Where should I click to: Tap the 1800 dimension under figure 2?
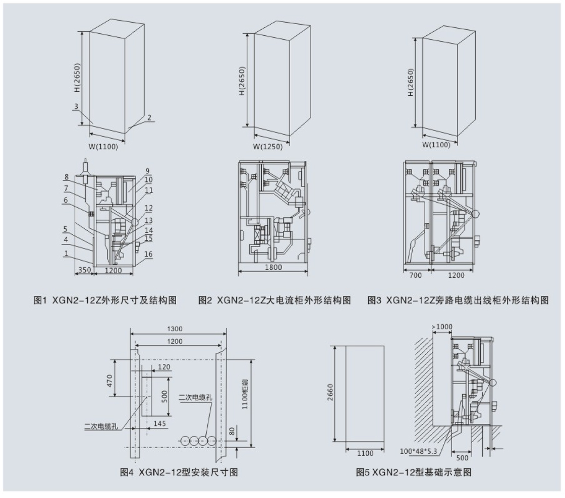click(272, 268)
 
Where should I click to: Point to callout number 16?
click(148, 255)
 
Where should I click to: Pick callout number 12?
click(148, 208)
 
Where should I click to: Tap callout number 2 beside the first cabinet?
click(149, 118)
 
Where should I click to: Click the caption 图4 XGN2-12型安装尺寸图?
click(179, 472)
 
